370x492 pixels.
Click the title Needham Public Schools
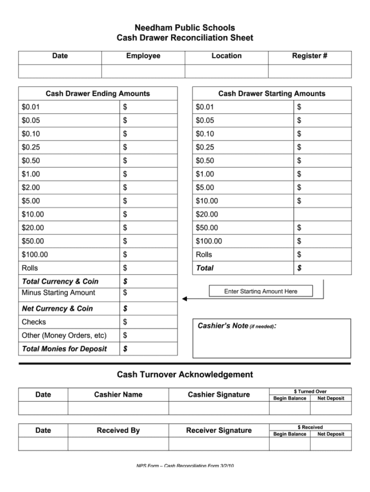click(185, 27)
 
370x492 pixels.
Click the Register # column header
click(309, 56)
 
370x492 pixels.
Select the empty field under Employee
click(143, 72)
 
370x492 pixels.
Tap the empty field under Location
click(226, 72)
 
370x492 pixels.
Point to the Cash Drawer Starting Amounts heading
click(272, 93)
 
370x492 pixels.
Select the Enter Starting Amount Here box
click(261, 291)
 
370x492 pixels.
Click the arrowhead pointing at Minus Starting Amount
click(185, 298)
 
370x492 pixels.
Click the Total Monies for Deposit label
click(64, 349)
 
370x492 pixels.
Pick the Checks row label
click(34, 322)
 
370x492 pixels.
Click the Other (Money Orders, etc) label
click(64, 335)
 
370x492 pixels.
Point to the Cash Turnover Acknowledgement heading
click(185, 374)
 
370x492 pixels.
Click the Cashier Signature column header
click(219, 395)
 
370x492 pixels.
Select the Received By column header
click(118, 430)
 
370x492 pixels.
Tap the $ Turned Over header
click(310, 391)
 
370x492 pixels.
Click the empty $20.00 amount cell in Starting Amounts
click(322, 214)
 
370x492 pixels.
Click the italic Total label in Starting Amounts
click(204, 268)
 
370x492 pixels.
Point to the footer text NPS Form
click(185, 466)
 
